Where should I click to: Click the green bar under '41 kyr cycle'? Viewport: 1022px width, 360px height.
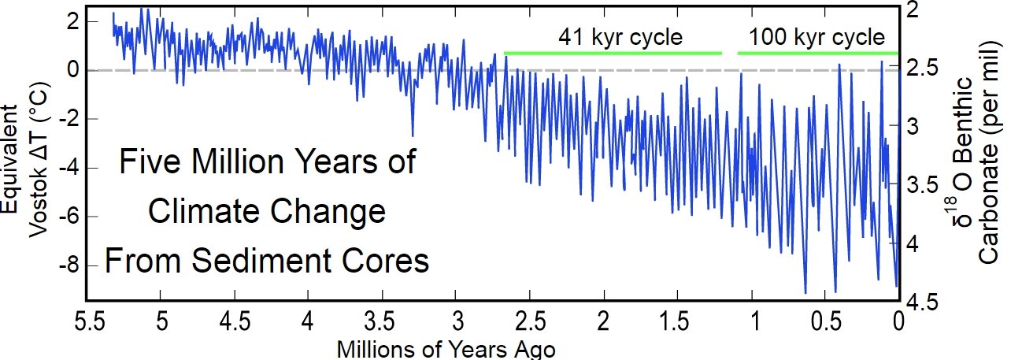tap(613, 53)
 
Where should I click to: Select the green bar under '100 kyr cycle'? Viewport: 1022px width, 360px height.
tap(817, 53)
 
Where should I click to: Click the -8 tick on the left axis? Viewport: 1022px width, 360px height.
tap(69, 265)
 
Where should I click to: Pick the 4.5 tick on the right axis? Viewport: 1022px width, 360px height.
tap(918, 303)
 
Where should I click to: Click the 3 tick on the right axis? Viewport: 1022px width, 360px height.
tap(912, 127)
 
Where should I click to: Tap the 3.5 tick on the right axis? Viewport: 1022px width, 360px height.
tap(918, 186)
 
